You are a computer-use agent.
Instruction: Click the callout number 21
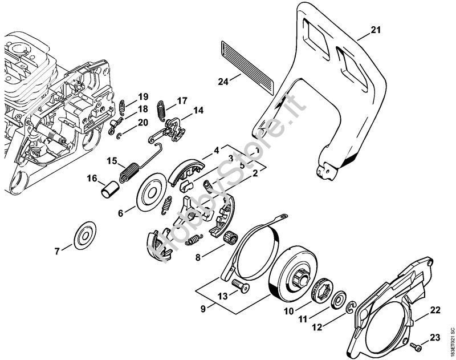(x=375, y=30)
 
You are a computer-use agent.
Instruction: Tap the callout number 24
(x=223, y=82)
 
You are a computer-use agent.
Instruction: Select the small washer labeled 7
(x=85, y=235)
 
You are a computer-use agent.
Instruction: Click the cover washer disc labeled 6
(x=151, y=192)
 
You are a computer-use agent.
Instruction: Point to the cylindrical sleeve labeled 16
(x=110, y=189)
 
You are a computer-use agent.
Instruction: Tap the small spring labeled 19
(x=123, y=107)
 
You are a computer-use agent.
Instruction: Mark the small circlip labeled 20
(x=119, y=136)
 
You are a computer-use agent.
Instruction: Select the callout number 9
(x=203, y=309)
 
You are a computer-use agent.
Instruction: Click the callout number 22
(x=435, y=310)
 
